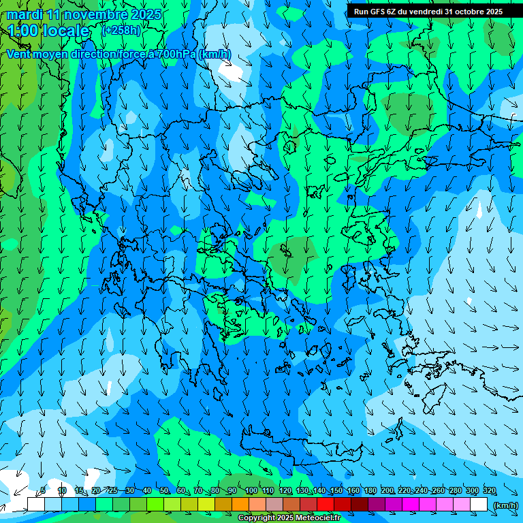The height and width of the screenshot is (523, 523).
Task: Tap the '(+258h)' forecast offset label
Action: click(x=121, y=30)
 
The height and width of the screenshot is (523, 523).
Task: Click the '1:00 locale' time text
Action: click(x=48, y=31)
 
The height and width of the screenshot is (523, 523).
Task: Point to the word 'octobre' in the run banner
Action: click(x=468, y=11)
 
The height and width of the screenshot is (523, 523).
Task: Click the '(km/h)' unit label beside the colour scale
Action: click(x=505, y=505)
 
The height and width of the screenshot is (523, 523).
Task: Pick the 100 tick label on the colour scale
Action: click(x=251, y=491)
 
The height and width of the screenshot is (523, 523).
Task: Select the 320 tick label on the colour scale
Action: click(x=489, y=491)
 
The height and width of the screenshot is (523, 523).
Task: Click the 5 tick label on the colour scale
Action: click(x=43, y=491)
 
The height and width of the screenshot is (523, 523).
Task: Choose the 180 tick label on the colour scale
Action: click(x=370, y=491)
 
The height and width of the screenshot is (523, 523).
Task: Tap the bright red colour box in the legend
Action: click(x=326, y=505)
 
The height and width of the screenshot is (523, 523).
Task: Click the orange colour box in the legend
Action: click(x=240, y=505)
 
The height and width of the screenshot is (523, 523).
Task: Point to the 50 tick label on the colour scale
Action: click(x=164, y=491)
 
